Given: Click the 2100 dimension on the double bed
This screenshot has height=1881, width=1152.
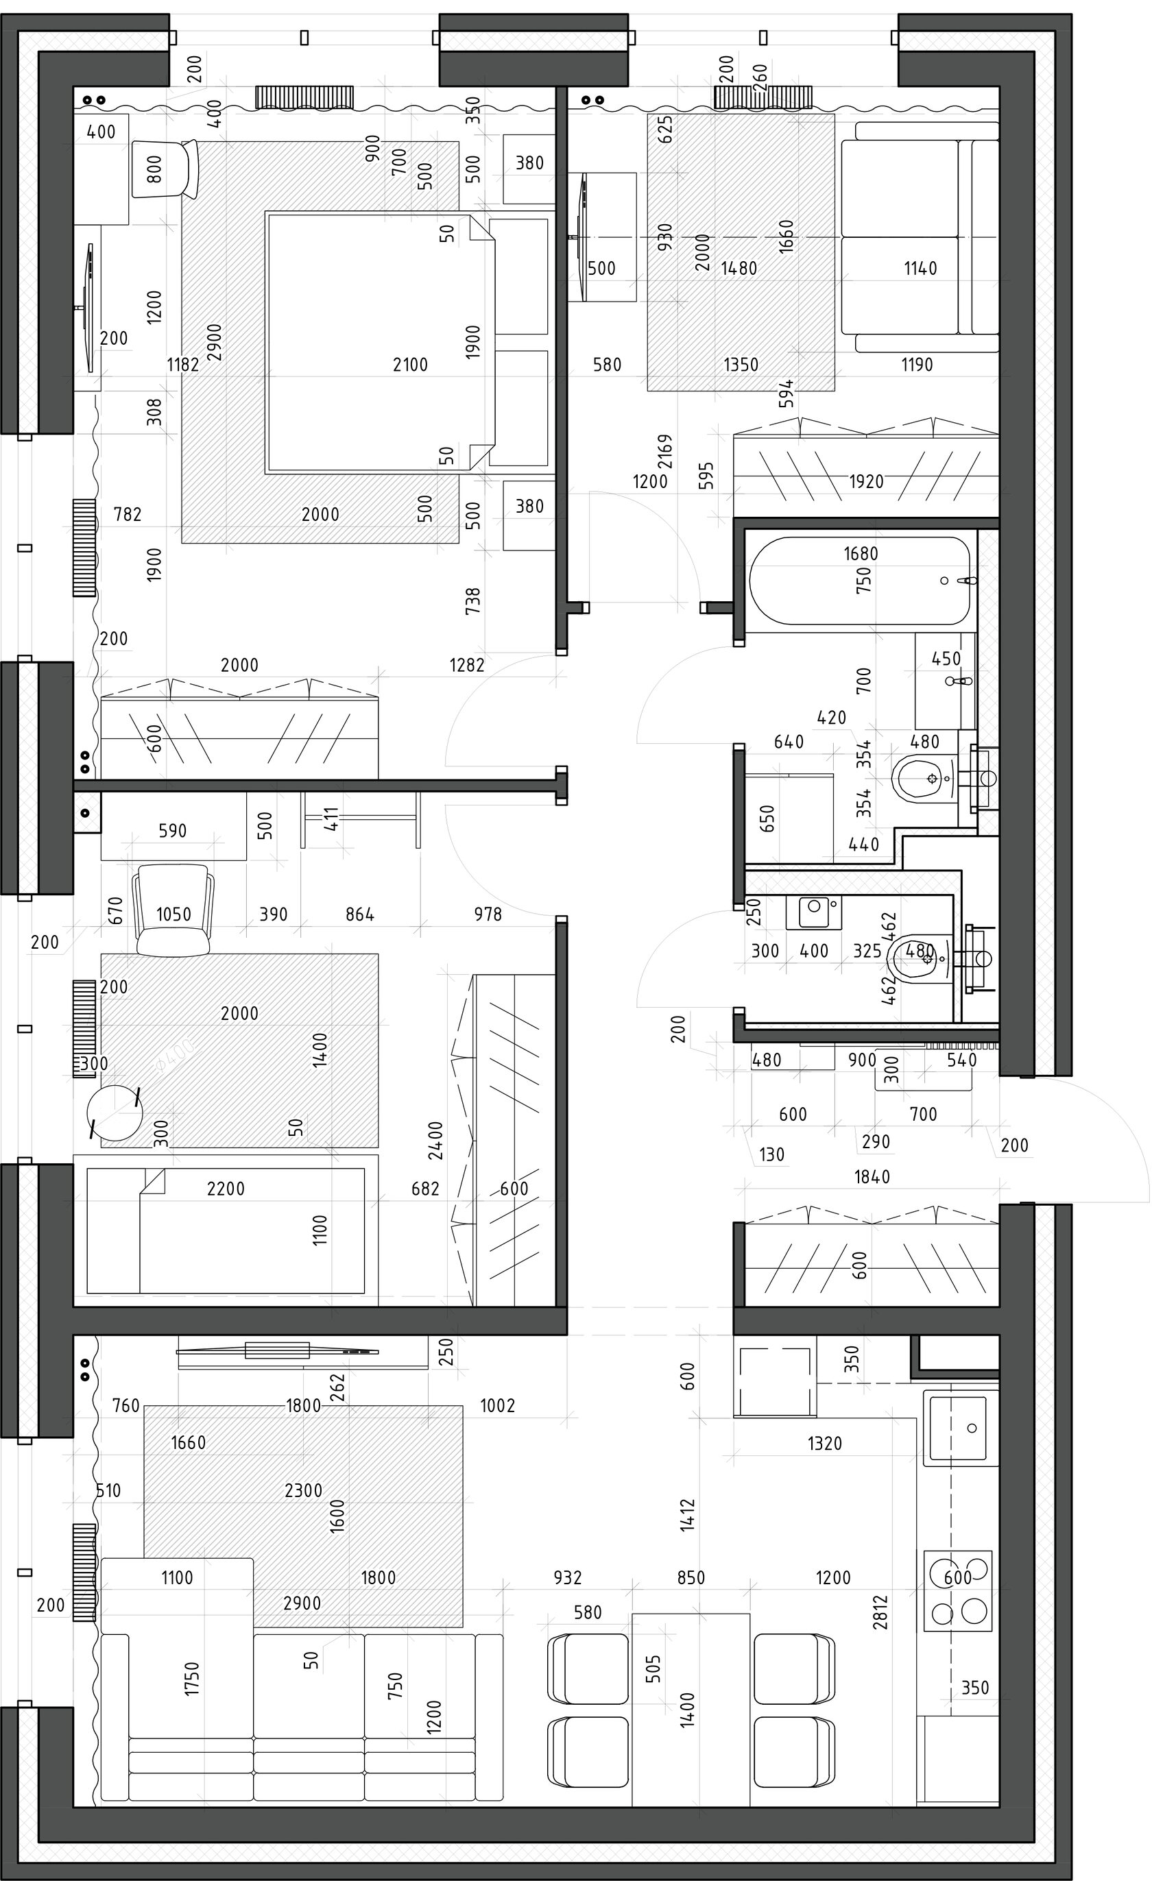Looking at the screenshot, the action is pyautogui.click(x=410, y=365).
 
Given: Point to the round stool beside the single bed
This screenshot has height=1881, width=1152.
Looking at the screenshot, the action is pyautogui.click(x=115, y=1113).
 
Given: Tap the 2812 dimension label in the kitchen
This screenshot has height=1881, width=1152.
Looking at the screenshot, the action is pyautogui.click(x=881, y=1612).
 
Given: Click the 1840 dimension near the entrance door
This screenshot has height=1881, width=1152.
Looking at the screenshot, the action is pyautogui.click(x=872, y=1176).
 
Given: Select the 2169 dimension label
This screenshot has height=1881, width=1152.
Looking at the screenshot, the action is pyautogui.click(x=665, y=451).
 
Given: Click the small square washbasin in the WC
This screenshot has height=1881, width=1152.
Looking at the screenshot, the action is pyautogui.click(x=814, y=912).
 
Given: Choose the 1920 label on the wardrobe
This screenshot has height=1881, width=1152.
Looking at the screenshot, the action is pyautogui.click(x=866, y=482).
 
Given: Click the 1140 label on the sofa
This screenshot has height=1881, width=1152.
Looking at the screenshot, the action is pyautogui.click(x=920, y=268).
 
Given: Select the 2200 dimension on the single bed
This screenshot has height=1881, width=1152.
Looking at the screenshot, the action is pyautogui.click(x=226, y=1189).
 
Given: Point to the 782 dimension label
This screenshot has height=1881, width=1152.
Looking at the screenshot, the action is pyautogui.click(x=128, y=515).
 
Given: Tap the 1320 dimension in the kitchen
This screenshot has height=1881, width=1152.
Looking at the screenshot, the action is pyautogui.click(x=824, y=1443).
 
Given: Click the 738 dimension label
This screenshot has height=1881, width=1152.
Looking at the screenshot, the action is pyautogui.click(x=473, y=600).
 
